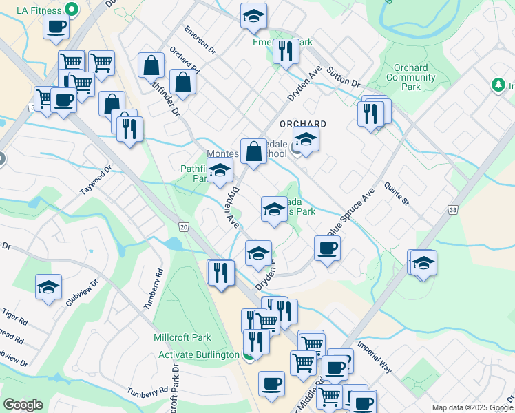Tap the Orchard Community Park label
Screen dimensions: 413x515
(410, 77)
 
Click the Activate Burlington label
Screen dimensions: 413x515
(198, 354)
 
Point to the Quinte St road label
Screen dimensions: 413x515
(397, 197)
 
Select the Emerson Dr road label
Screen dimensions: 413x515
(200, 41)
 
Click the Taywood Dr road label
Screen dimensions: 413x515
(95, 181)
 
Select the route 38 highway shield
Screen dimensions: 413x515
(452, 210)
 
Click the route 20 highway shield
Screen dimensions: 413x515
(183, 226)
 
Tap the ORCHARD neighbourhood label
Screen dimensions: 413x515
(302, 124)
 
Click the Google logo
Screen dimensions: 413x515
(23, 405)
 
